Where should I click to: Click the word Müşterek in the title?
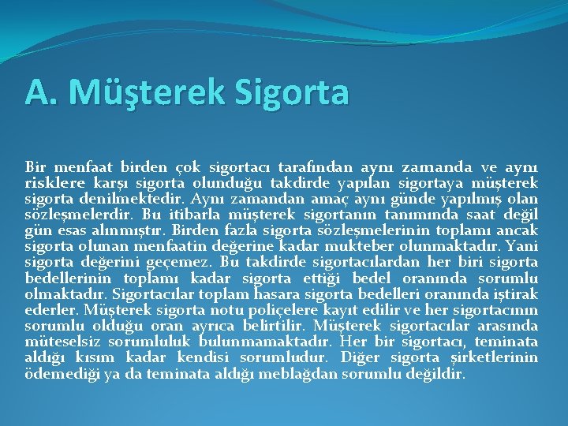coord(148,92)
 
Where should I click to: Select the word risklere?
coord(52,183)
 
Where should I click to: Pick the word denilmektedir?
coord(127,199)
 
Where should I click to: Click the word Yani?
coord(522,246)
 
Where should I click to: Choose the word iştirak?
coord(517,293)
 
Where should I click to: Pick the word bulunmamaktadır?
coord(268,341)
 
